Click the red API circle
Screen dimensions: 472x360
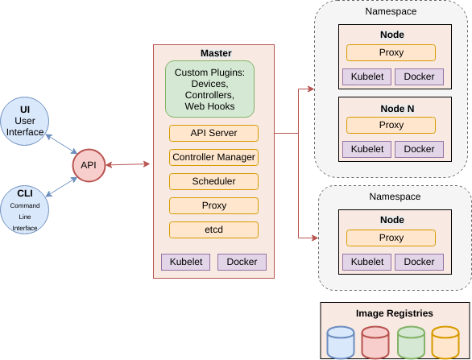[89, 165]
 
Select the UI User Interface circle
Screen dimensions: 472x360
[25, 121]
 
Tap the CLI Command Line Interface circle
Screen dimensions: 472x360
[25, 209]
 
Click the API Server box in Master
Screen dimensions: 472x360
[213, 133]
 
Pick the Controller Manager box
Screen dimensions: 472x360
[213, 157]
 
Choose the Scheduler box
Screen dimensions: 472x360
[213, 181]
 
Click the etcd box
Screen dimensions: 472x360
[213, 230]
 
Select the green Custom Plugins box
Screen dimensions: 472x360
[209, 89]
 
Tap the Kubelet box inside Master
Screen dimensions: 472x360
[186, 262]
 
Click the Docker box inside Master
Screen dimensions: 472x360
[242, 262]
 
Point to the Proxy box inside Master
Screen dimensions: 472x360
[213, 205]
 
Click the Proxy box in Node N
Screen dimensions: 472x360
[391, 125]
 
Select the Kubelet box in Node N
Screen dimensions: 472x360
[367, 149]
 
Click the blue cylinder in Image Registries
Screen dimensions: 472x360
[341, 342]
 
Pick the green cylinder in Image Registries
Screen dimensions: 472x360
[411, 342]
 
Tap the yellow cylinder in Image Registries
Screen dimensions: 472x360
[445, 342]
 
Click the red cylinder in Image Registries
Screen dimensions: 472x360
[375, 342]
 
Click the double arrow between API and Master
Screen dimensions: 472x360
[128, 164]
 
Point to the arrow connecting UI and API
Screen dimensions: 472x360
[62, 144]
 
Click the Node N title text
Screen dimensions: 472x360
[397, 109]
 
